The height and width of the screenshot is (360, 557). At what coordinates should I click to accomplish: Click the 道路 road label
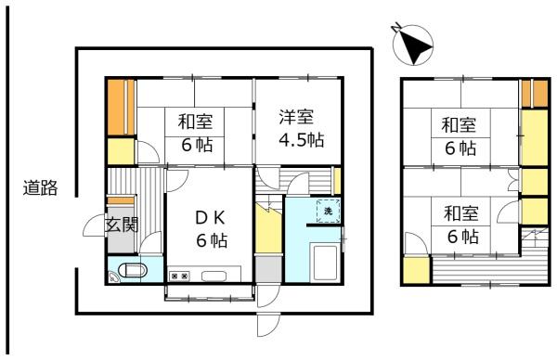40,188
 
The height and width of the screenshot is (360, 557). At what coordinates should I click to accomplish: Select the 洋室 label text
297,117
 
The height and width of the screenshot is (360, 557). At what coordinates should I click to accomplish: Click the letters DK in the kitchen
209,218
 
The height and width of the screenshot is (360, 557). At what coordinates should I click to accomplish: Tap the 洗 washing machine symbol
328,212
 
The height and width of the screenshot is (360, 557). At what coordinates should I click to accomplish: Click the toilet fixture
131,273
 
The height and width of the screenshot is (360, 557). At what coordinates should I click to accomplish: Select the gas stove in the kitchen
179,276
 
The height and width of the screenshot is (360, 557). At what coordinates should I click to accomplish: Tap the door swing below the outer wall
267,328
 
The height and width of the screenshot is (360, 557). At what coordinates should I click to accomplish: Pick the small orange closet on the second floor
533,94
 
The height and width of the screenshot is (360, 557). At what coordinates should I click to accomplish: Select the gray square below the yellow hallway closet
266,268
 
